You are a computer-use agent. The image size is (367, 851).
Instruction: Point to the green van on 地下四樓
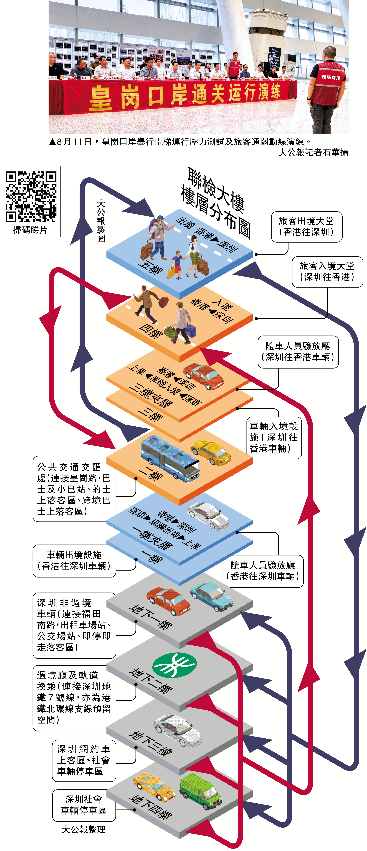pos(200,791)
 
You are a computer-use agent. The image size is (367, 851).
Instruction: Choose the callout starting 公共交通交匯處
pos(74,489)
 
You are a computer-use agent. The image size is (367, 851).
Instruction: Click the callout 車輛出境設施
pos(74,561)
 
